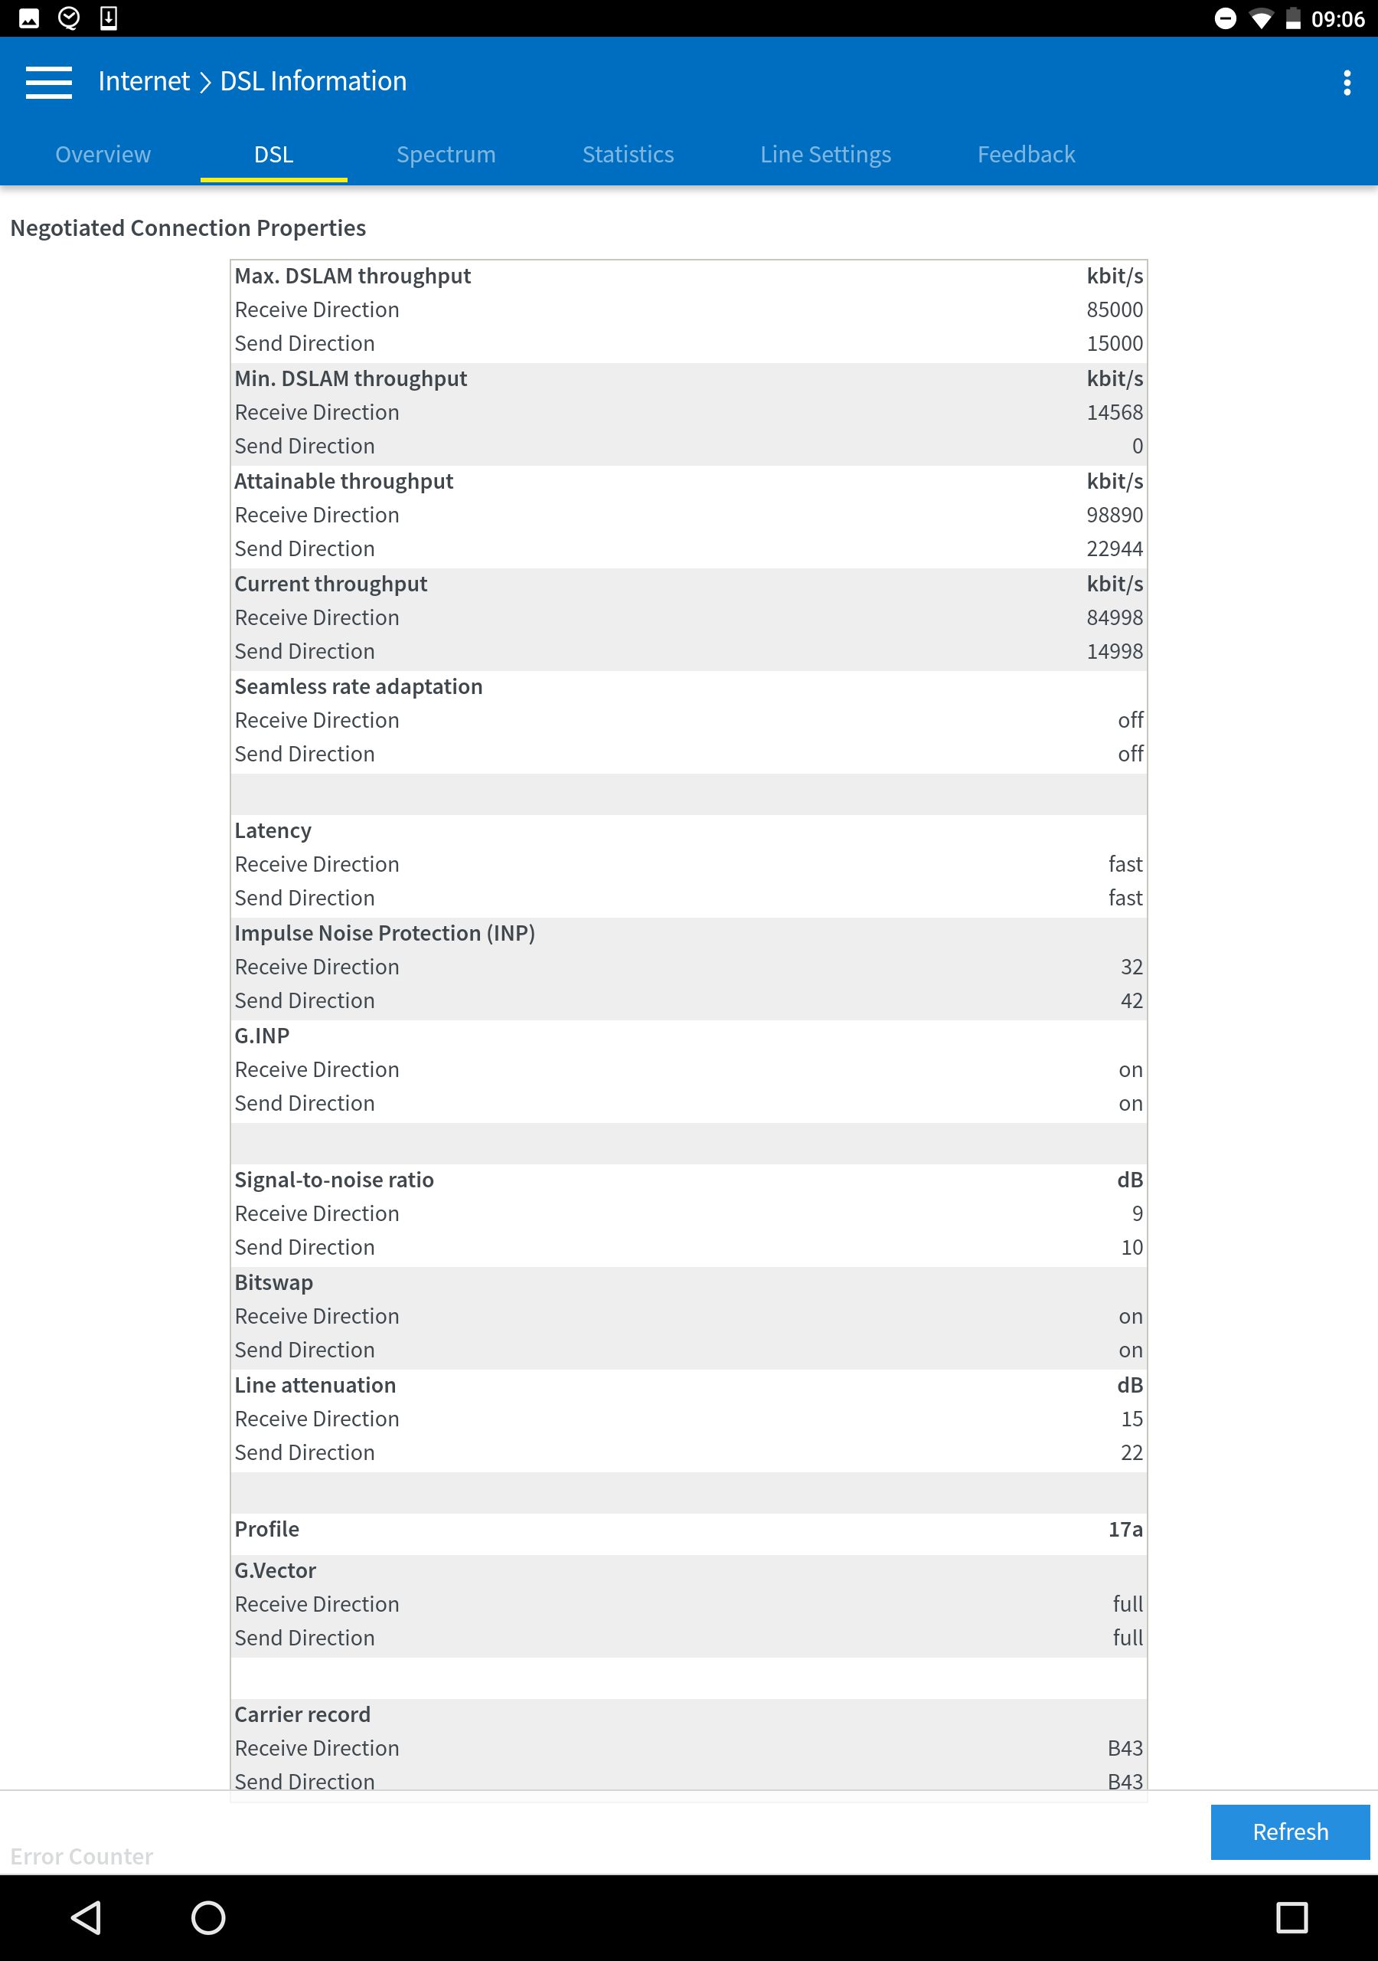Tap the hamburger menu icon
[x=49, y=82]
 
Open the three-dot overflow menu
[x=1347, y=83]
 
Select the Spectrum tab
[x=446, y=155]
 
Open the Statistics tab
[x=628, y=155]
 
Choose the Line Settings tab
[x=825, y=155]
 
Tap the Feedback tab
[x=1025, y=155]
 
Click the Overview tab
[x=103, y=155]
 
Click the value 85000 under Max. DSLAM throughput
[x=1113, y=310]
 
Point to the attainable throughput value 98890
[x=1113, y=515]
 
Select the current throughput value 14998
[x=1113, y=652]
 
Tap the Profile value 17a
[x=1125, y=1529]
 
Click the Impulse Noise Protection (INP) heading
[x=384, y=934]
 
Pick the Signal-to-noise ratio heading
[x=334, y=1180]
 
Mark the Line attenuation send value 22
[x=1131, y=1453]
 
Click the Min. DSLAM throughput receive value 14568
[x=1113, y=413]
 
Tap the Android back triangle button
[x=87, y=1917]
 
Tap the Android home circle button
[x=207, y=1917]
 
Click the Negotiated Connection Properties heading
[x=188, y=228]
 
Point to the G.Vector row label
[x=275, y=1570]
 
